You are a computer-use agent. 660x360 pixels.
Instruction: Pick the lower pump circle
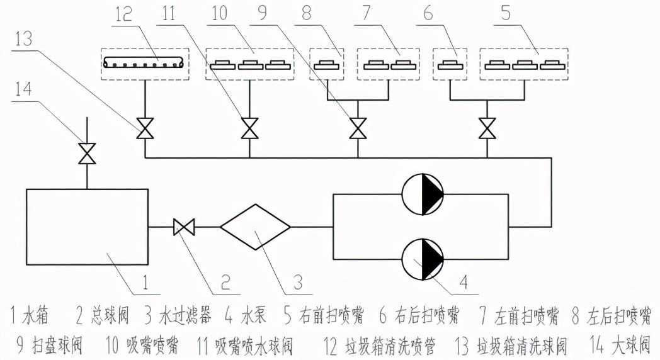pos(423,258)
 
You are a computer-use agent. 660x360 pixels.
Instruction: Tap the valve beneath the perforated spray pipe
pos(145,130)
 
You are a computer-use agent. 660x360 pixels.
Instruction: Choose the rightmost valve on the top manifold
pos(486,129)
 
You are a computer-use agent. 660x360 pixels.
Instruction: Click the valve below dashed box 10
pos(250,130)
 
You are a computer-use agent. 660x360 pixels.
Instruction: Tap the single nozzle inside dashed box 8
pos(327,64)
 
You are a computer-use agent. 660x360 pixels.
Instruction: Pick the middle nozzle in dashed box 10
pos(250,64)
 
